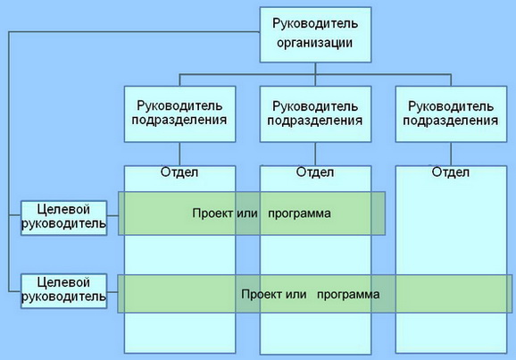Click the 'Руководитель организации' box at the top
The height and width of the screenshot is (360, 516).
pos(315,35)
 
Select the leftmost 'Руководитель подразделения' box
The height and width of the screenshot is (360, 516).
pos(179,114)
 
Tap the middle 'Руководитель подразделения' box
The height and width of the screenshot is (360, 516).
pos(315,114)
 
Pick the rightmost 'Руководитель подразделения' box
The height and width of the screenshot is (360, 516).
pos(451,114)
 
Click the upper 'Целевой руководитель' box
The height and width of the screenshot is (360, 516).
pos(64,218)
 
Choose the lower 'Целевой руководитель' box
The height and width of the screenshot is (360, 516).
pos(64,291)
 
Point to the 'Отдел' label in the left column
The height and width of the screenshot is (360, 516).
pos(179,172)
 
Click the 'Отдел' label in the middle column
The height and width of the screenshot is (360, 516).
pos(315,172)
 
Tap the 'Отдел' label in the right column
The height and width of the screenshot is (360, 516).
pos(451,172)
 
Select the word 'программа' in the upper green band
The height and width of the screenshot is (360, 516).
pos(299,213)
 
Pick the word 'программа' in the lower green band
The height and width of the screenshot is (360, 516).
pos(348,295)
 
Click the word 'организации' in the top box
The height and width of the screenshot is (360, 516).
pos(314,43)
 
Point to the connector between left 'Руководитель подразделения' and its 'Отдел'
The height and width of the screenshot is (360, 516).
pos(179,155)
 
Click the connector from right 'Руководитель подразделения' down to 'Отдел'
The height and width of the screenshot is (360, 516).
pos(451,155)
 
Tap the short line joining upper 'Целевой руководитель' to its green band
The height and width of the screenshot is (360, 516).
pos(112,216)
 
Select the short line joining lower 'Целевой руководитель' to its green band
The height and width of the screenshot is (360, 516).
pos(112,292)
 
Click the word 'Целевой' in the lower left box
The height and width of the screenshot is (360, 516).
pos(63,282)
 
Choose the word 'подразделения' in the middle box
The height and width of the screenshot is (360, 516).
pos(315,121)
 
